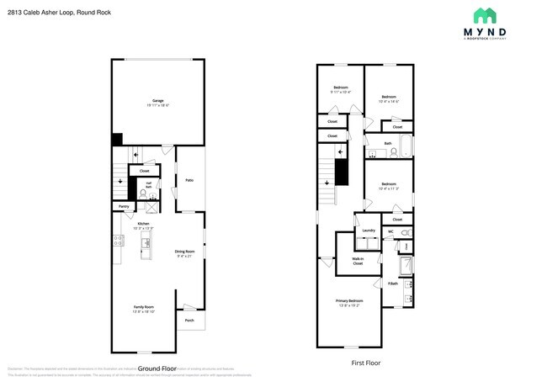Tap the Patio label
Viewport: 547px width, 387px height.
(x=189, y=179)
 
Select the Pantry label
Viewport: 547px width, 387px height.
(x=124, y=205)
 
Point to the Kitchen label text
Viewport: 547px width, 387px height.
(x=144, y=224)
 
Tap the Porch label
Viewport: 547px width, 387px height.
(x=189, y=321)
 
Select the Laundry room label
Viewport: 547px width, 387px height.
(x=368, y=230)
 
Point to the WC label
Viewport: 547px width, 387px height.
(x=390, y=231)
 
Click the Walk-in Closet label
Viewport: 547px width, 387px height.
(x=358, y=261)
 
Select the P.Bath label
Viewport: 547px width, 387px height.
(x=393, y=284)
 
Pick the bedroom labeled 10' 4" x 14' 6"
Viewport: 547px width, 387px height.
(x=388, y=98)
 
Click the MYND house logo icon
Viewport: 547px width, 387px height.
(x=485, y=16)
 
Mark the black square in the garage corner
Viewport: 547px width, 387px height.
(x=117, y=140)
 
